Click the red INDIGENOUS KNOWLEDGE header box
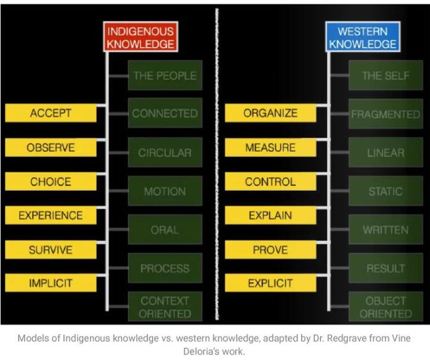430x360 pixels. pos(140,38)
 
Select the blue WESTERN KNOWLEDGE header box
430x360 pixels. pos(363,38)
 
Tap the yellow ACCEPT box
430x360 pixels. pos(51,113)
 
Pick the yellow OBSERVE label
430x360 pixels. pos(51,148)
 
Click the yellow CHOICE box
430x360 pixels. pos(51,182)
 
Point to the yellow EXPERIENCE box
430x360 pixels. pos(51,216)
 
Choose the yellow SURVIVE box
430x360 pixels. pos(51,250)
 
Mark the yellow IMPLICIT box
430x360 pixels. pos(51,283)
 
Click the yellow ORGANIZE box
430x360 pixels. pos(270,113)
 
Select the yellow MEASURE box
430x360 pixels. pos(270,148)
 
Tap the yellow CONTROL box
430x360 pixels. pos(270,182)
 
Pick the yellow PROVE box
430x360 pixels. pos(270,250)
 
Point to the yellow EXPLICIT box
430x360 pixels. pos(270,283)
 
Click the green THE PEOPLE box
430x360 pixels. pos(164,76)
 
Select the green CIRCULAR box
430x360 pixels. pos(164,153)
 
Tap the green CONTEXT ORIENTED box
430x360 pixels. pos(164,307)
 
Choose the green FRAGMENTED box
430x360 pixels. pos(385,114)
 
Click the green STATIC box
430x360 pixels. pos(385,191)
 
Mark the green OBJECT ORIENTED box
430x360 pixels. pos(385,307)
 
